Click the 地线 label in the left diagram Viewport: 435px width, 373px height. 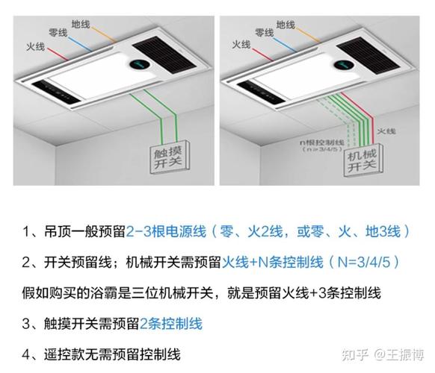pos(81,24)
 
